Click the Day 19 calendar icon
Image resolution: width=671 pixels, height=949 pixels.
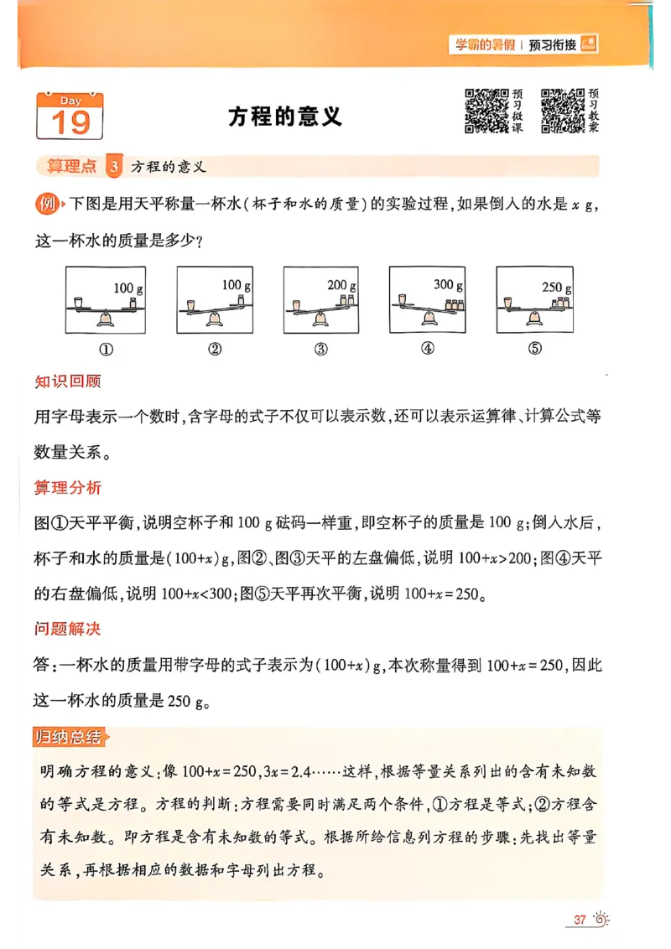point(69,116)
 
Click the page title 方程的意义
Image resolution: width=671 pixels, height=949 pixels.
point(285,117)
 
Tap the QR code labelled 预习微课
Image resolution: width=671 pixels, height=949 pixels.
point(486,111)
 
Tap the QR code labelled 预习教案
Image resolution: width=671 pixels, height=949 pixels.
point(563,111)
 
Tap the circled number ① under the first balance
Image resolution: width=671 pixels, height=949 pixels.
point(107,350)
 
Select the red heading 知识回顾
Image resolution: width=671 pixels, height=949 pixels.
point(68,381)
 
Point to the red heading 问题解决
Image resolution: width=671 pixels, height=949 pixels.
point(68,629)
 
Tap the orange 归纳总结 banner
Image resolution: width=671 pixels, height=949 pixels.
point(72,737)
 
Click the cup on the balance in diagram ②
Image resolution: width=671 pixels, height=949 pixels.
point(191,303)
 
